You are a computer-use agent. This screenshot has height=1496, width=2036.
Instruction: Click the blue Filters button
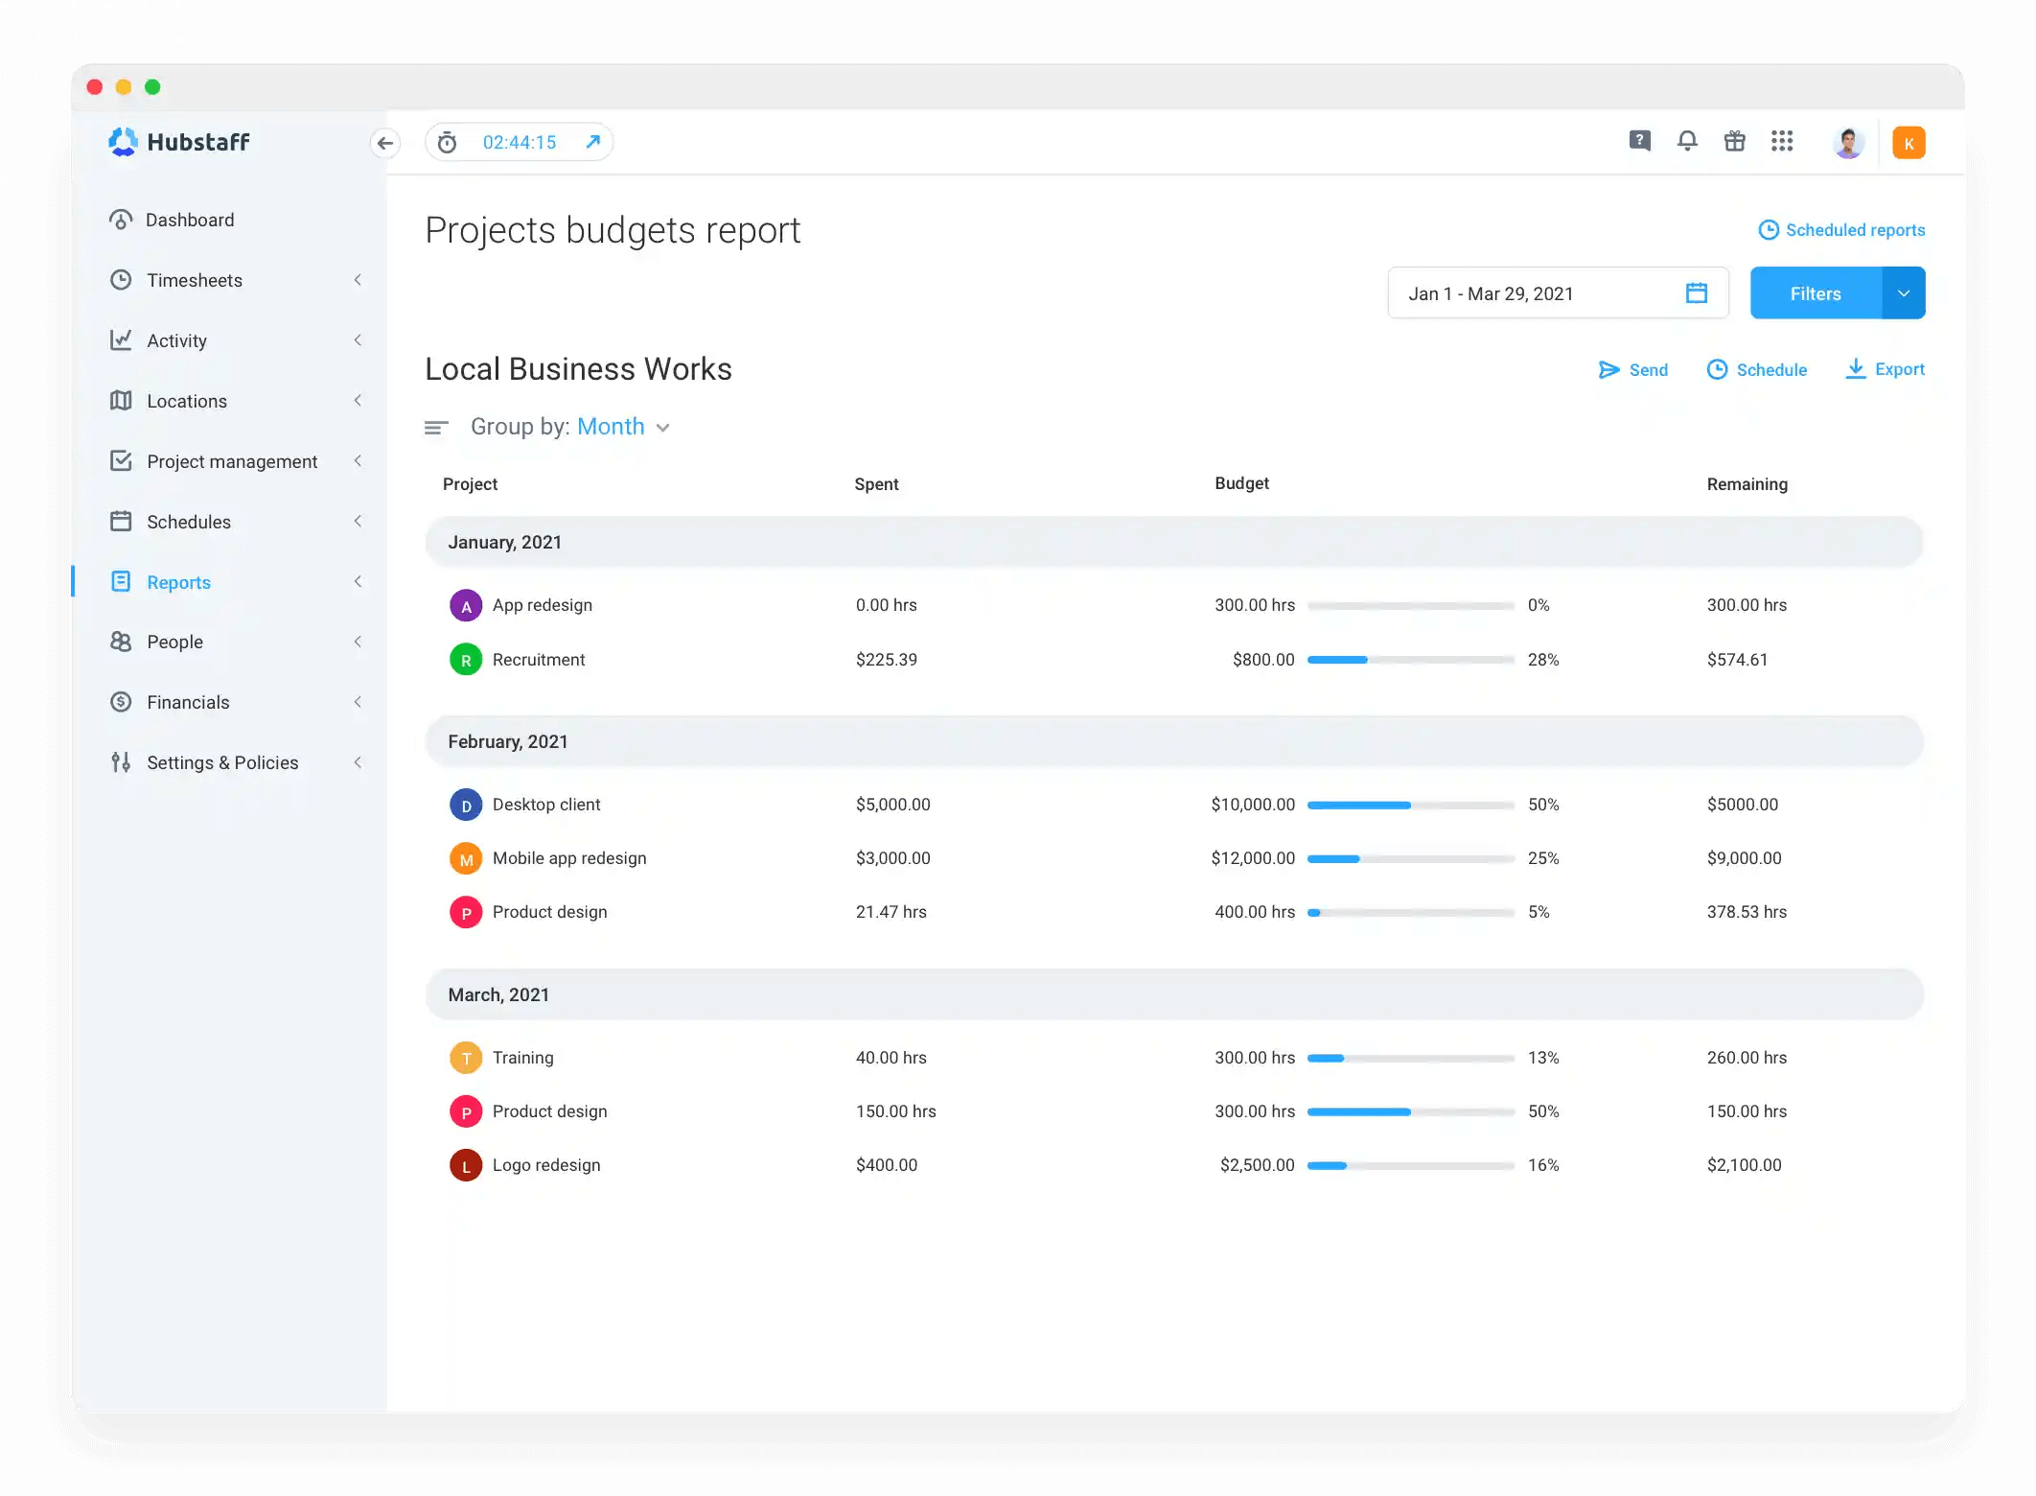coord(1815,293)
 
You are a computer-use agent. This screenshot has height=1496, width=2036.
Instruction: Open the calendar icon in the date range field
coord(1696,293)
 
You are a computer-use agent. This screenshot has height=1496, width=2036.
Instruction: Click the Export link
coord(1885,369)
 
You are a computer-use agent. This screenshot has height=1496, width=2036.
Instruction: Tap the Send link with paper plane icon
coord(1633,370)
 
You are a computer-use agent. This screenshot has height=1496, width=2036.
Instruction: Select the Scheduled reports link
coord(1841,230)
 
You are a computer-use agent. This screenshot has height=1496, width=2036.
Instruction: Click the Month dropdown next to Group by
coord(622,427)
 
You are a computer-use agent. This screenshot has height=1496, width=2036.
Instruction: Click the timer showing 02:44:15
coord(519,143)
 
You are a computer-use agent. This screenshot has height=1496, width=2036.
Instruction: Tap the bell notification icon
coord(1687,142)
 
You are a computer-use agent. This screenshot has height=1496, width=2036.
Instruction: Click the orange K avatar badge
coord(1908,143)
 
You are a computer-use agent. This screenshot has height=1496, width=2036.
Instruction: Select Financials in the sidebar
coord(188,702)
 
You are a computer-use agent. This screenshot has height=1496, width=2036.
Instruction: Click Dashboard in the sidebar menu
coord(190,220)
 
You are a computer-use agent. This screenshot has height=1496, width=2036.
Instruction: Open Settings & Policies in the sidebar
coord(222,762)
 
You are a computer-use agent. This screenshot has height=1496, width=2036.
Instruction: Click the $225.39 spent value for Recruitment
coord(886,660)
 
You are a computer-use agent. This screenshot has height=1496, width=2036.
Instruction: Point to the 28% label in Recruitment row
coord(1542,660)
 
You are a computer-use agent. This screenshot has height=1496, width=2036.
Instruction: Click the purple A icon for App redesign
coord(466,606)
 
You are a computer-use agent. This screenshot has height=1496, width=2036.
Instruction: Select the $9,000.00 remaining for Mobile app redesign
coord(1744,858)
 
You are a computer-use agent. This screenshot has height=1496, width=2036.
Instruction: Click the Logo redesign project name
coord(546,1165)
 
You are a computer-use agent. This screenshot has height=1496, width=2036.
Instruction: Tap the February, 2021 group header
coord(508,741)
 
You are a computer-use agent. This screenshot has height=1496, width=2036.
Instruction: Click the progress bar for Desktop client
coord(1410,806)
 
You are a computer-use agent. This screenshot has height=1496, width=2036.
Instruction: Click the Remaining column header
coord(1747,484)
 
